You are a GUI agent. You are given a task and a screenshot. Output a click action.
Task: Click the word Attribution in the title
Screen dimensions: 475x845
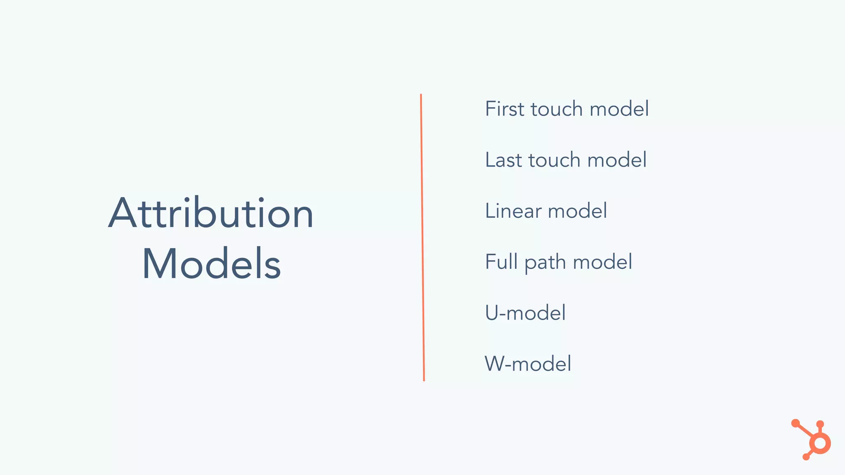click(x=211, y=213)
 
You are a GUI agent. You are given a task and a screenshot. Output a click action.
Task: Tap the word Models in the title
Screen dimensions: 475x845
click(x=211, y=264)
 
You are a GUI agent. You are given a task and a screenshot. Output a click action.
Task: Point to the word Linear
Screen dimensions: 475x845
click(x=513, y=211)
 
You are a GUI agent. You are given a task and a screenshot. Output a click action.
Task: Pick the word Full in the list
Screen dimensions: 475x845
click(x=501, y=262)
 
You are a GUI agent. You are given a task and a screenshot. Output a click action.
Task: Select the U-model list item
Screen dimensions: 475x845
click(x=525, y=313)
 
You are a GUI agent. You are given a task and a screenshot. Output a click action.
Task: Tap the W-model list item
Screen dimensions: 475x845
click(x=528, y=364)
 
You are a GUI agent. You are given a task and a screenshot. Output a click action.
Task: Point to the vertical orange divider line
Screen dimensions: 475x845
click(x=422, y=237)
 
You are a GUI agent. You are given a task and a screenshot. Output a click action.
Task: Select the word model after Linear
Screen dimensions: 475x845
click(x=577, y=211)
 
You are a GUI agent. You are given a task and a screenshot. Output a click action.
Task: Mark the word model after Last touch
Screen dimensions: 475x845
click(x=617, y=160)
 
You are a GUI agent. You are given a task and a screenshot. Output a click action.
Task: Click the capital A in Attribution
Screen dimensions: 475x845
click(x=123, y=213)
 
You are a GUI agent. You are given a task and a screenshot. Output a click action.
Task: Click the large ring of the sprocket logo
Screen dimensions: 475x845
click(x=820, y=444)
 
